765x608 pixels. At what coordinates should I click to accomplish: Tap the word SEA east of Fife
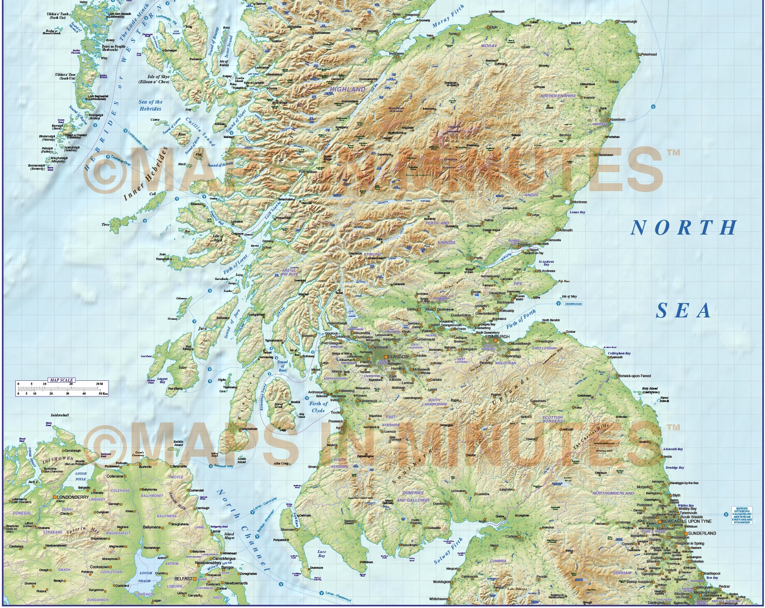click(684, 311)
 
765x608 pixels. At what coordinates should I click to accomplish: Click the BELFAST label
click(184, 579)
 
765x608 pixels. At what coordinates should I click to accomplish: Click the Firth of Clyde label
click(318, 407)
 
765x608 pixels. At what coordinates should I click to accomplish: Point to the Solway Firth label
click(448, 551)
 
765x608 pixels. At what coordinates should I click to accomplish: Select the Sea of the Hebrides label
click(150, 105)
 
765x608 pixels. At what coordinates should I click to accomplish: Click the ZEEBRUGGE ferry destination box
click(573, 304)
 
